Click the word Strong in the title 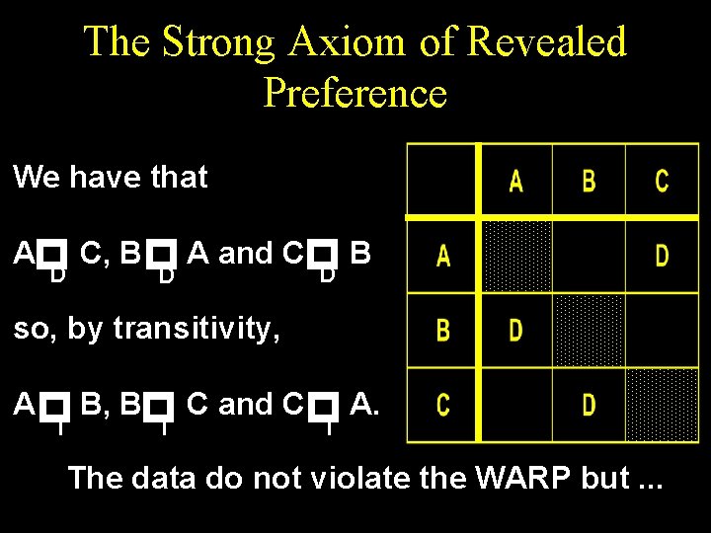[x=220, y=41]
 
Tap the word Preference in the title [x=355, y=93]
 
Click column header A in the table [x=515, y=181]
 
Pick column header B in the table [x=589, y=181]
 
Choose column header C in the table [x=662, y=181]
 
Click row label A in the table [x=443, y=256]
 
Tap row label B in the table [x=443, y=330]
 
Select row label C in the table [x=443, y=404]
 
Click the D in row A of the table [x=662, y=256]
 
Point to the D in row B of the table [x=515, y=330]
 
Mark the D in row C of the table [x=589, y=404]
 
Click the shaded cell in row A [x=515, y=256]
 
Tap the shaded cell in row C [x=662, y=404]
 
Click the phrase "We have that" [x=110, y=178]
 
